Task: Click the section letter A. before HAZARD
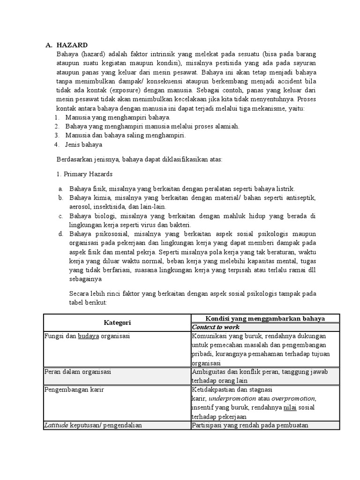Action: click(x=49, y=45)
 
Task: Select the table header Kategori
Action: click(x=117, y=322)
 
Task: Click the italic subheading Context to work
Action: click(x=216, y=327)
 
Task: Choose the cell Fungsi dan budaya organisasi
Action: click(x=87, y=336)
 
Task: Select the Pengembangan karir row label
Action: click(x=74, y=390)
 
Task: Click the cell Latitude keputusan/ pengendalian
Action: click(x=93, y=425)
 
